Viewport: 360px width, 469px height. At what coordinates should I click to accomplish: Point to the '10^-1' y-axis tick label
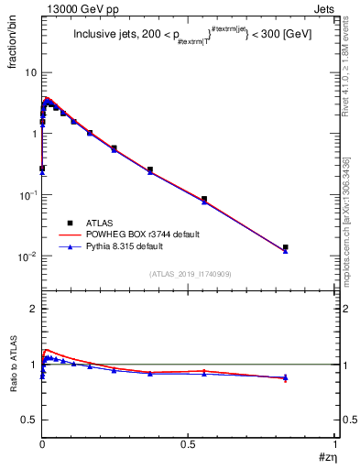tap(28, 195)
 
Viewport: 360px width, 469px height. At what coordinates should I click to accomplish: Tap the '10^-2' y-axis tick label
tap(28, 256)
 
